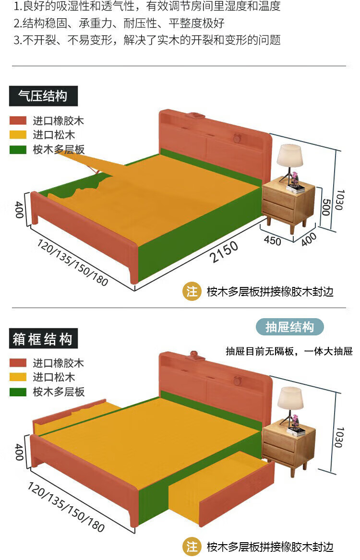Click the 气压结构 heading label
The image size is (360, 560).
click(43, 96)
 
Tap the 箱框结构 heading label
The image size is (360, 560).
click(43, 339)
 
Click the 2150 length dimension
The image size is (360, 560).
click(224, 252)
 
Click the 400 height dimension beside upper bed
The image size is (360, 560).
click(19, 210)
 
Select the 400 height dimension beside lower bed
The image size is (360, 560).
click(19, 452)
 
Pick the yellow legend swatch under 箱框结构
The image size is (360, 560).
click(18, 378)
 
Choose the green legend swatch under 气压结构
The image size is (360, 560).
click(18, 150)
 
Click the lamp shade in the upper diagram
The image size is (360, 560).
click(289, 155)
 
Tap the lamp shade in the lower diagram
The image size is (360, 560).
click(290, 398)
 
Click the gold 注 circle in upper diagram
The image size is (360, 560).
click(192, 291)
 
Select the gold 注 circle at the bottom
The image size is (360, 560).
click(192, 547)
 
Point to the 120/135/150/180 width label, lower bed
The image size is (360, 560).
click(66, 507)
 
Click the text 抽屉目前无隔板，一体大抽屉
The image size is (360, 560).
click(289, 352)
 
